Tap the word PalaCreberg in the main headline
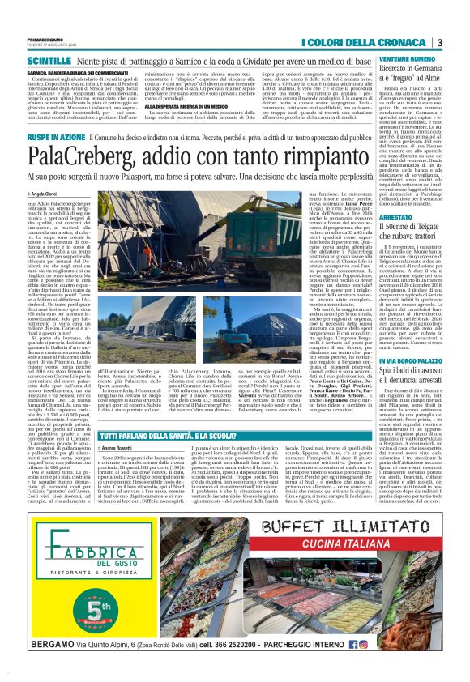click(x=92, y=154)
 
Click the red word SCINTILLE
click(x=49, y=60)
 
